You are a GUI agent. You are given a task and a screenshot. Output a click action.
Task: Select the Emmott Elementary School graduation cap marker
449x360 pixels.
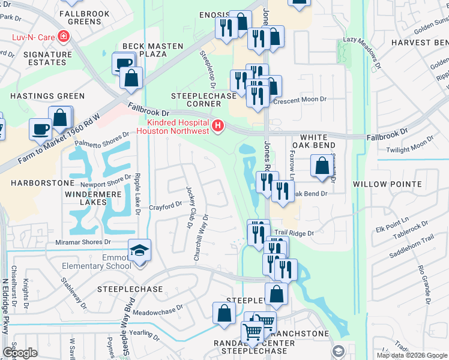point(139,250)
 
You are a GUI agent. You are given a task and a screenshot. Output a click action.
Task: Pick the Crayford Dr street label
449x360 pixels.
point(165,205)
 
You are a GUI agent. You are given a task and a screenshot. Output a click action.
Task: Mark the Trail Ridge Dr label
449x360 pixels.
point(294,233)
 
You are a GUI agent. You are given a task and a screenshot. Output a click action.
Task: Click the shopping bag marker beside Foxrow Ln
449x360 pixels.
point(322,166)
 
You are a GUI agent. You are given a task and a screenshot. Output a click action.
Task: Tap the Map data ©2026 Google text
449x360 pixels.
point(411,355)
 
